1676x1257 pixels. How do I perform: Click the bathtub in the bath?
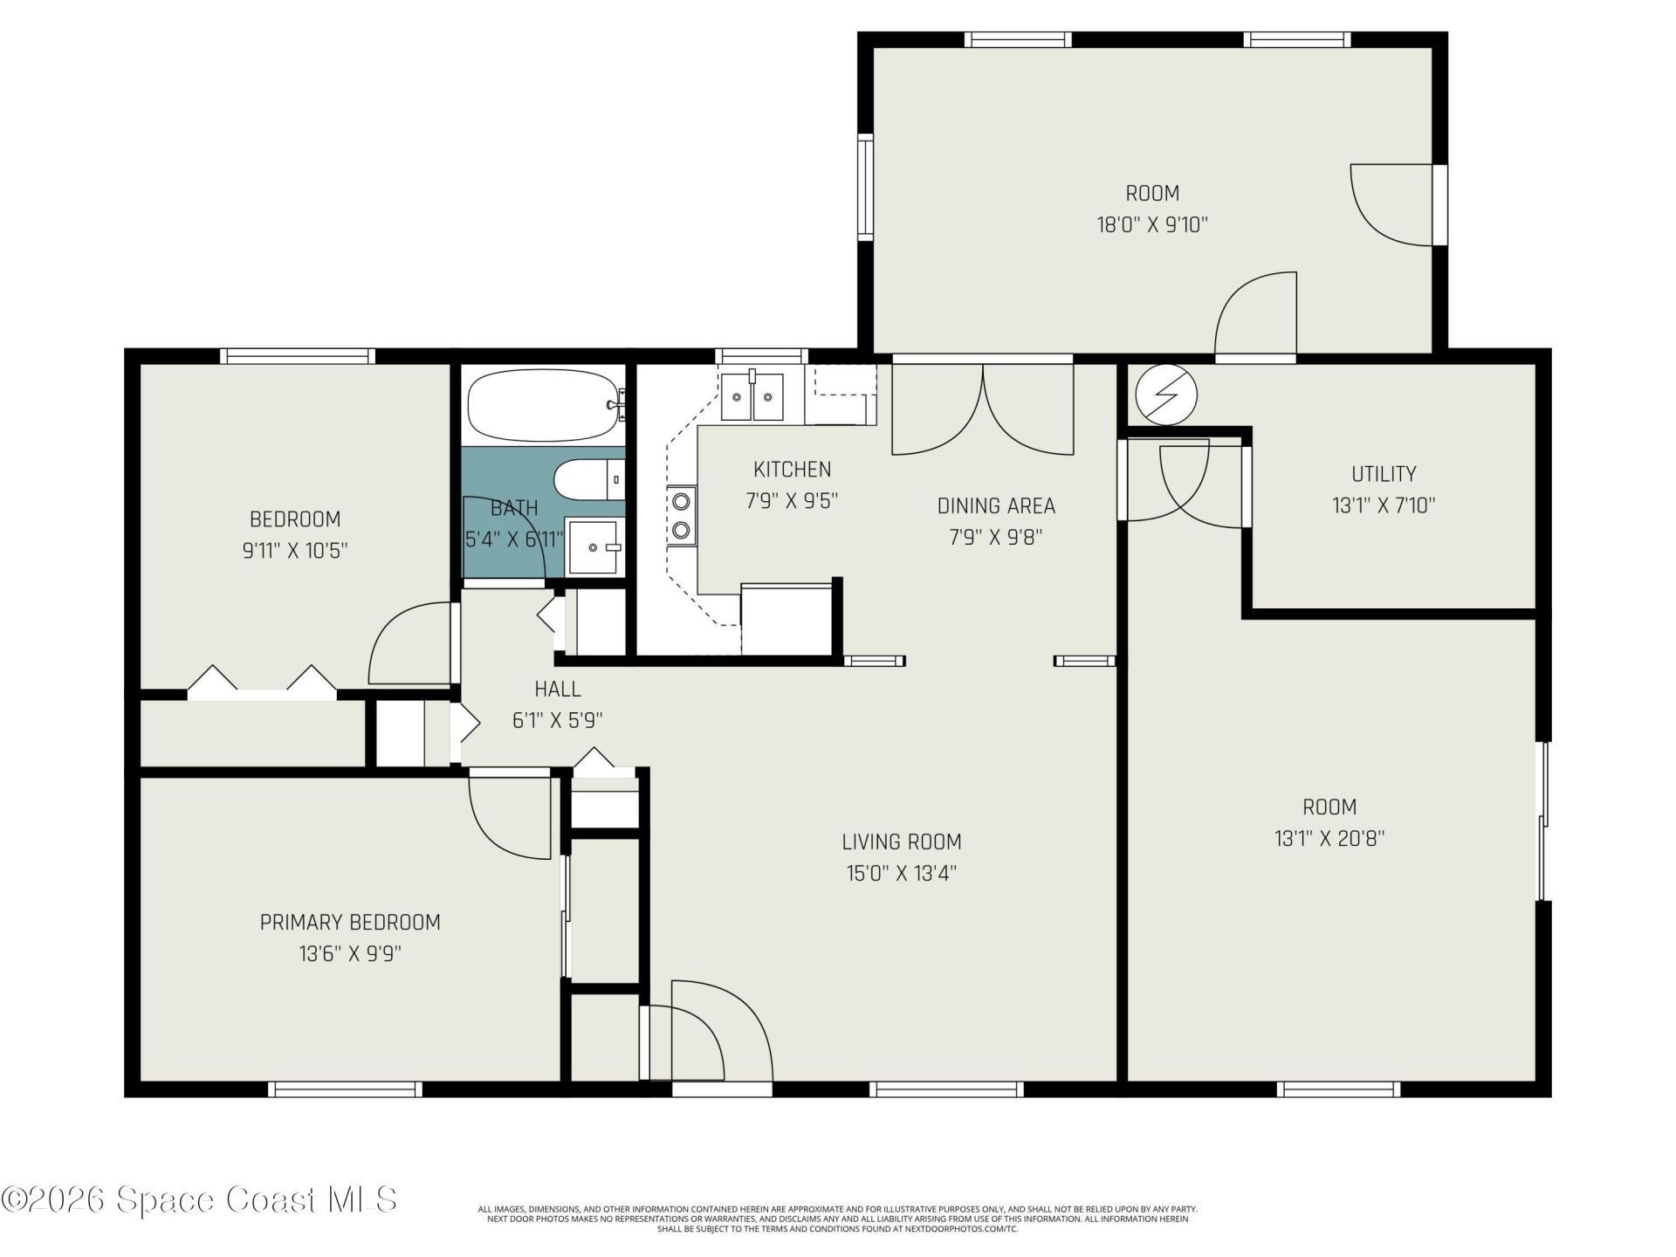[x=543, y=405]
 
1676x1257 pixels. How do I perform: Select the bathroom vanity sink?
[x=596, y=546]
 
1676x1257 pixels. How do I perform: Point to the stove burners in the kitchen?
[x=681, y=515]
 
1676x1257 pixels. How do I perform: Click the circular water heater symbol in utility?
[x=1166, y=394]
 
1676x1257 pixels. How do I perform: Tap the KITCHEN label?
[x=792, y=470]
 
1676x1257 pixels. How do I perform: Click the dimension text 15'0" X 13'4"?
[x=901, y=874]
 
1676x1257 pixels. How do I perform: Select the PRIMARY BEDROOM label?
[x=350, y=922]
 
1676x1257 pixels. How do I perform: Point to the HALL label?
[x=558, y=689]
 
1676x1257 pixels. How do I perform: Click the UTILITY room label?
[x=1384, y=474]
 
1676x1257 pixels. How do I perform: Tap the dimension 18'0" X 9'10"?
[x=1152, y=224]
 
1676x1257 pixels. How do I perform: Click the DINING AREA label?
[x=996, y=505]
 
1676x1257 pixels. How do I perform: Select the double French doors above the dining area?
[x=983, y=409]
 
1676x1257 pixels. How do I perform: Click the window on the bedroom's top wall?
[x=298, y=356]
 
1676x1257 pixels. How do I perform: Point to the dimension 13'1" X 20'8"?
[x=1329, y=839]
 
